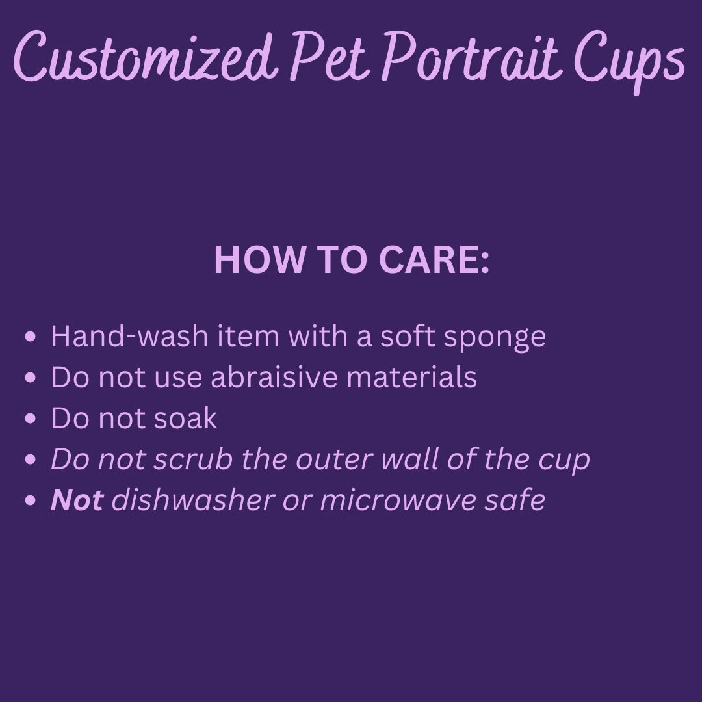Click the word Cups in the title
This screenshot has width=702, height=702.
629,61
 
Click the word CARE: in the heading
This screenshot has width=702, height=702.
434,259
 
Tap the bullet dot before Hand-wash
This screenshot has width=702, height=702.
31,336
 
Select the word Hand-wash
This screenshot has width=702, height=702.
130,336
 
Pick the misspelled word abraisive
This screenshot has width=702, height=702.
274,376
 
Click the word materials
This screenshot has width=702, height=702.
411,376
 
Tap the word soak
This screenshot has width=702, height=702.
185,418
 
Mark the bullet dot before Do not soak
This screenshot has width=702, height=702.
31,419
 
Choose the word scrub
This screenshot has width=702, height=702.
193,459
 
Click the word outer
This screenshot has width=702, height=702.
333,460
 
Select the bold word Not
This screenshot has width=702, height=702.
77,500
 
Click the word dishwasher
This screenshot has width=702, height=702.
192,500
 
